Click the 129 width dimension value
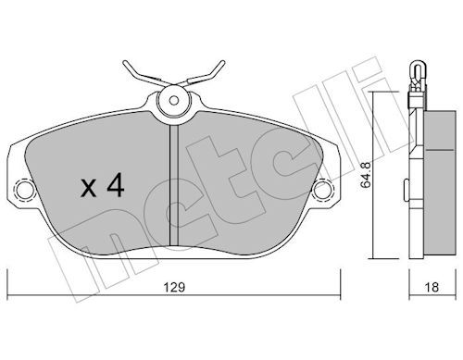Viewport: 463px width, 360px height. pos(174,288)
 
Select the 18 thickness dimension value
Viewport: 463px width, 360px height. pos(432,288)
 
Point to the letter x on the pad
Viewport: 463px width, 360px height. pos(89,189)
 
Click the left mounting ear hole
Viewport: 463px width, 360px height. pos(25,189)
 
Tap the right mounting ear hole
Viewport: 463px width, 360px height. pos(322,189)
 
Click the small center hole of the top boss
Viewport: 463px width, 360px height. pos(174,100)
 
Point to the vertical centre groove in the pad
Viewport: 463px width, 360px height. pos(174,185)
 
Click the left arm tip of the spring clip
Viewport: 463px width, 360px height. pos(125,63)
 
